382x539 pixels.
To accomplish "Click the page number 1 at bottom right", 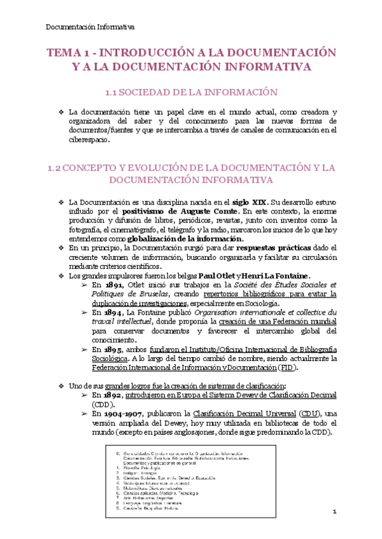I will pyautogui.click(x=333, y=512).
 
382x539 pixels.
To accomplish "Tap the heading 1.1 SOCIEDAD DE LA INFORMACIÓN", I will pyautogui.click(x=190, y=93).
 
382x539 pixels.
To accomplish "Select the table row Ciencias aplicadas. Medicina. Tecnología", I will pyautogui.click(x=159, y=493).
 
